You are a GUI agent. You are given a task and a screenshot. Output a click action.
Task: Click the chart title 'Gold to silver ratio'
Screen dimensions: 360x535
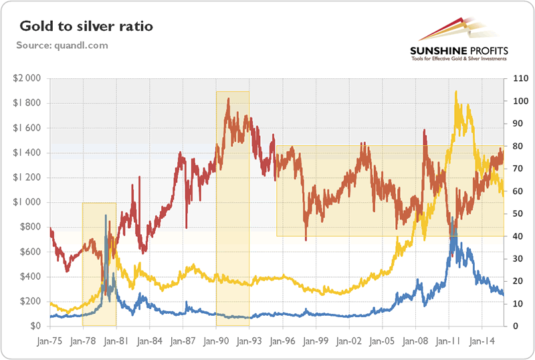[x=86, y=27]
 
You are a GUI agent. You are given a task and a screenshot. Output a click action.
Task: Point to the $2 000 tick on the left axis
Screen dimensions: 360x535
[x=27, y=78]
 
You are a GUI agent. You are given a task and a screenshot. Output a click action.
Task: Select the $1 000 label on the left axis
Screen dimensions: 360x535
[x=27, y=202]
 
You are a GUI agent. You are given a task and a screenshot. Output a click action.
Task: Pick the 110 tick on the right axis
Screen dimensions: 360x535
[x=517, y=78]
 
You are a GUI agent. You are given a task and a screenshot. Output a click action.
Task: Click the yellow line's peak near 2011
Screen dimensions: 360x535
[x=456, y=92]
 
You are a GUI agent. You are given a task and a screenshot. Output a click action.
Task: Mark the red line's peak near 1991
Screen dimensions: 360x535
[x=229, y=99]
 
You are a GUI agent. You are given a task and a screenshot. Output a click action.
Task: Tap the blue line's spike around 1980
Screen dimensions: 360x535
[x=106, y=215]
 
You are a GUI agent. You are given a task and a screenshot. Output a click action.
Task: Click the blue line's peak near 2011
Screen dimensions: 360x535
[x=453, y=219]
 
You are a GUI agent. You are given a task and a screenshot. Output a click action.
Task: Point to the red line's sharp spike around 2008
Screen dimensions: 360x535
[x=425, y=130]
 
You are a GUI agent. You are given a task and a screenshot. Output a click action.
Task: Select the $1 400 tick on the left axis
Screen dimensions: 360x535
[x=27, y=153]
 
